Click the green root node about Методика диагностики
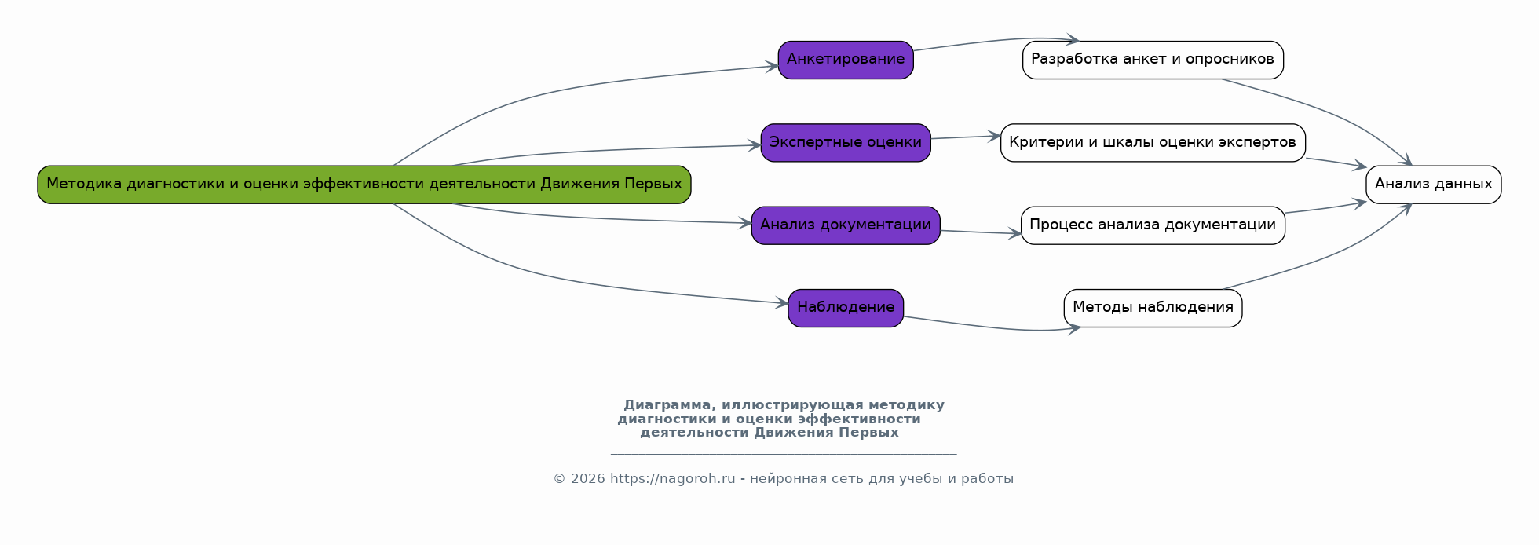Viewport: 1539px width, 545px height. coord(364,185)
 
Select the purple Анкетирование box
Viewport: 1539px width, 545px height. coord(846,60)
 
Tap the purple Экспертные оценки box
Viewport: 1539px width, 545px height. coord(846,142)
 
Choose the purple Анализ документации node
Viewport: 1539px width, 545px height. coord(846,225)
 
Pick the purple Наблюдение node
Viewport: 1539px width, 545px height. coord(846,308)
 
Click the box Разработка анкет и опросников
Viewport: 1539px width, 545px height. coord(1153,60)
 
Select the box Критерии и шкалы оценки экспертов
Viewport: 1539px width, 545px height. coord(1153,142)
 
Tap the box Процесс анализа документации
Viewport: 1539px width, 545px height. coord(1153,225)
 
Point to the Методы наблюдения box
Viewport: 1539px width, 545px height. coord(1153,308)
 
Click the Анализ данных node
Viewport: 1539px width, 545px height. coord(1433,185)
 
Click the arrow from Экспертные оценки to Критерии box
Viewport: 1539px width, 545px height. coord(966,137)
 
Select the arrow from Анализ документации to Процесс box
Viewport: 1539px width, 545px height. coord(980,232)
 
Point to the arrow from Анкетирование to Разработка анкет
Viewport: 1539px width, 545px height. coord(989,41)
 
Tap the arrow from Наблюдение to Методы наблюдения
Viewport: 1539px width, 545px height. coord(989,327)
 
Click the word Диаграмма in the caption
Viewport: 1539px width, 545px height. coord(667,405)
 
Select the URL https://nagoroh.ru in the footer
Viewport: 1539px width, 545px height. coord(672,479)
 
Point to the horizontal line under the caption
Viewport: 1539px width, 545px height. coord(783,454)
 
